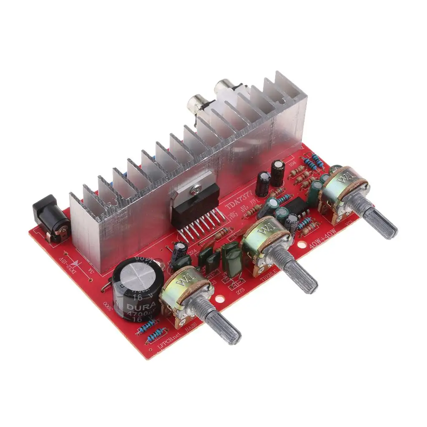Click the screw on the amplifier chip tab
click(x=194, y=191)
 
